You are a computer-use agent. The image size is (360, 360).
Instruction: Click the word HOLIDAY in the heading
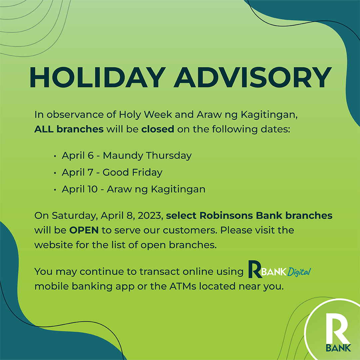[98, 77]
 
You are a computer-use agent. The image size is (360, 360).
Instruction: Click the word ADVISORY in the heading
[253, 77]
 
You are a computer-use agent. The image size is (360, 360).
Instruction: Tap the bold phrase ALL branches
[69, 129]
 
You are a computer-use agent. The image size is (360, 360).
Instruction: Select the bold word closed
[158, 129]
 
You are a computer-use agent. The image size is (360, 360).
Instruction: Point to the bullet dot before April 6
[55, 156]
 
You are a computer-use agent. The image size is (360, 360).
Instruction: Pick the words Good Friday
[132, 173]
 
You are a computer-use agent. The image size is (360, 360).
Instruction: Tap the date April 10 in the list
[80, 189]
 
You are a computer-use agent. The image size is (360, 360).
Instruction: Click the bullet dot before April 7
[55, 173]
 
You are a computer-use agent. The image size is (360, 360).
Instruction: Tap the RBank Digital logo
[280, 269]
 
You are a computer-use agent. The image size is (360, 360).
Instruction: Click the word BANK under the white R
[338, 348]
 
